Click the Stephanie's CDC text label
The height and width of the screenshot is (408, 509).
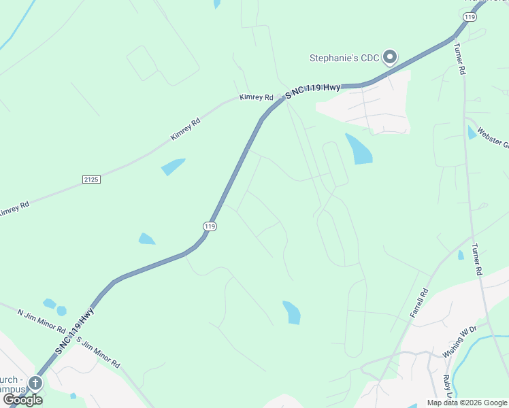[344, 58]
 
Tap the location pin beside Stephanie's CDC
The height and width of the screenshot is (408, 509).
[390, 57]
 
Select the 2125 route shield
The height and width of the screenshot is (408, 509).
[91, 180]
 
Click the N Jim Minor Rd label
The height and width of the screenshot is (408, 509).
[41, 318]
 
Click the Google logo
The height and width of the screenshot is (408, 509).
[22, 399]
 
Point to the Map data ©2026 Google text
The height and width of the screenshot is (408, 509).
[467, 403]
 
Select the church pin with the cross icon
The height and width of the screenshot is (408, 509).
[34, 383]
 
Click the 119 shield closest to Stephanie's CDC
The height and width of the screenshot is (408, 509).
[469, 16]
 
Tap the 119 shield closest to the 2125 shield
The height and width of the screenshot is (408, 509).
[210, 226]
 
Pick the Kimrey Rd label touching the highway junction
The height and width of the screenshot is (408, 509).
[256, 98]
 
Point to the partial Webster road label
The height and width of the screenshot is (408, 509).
[493, 137]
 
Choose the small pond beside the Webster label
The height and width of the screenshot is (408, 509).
[472, 133]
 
